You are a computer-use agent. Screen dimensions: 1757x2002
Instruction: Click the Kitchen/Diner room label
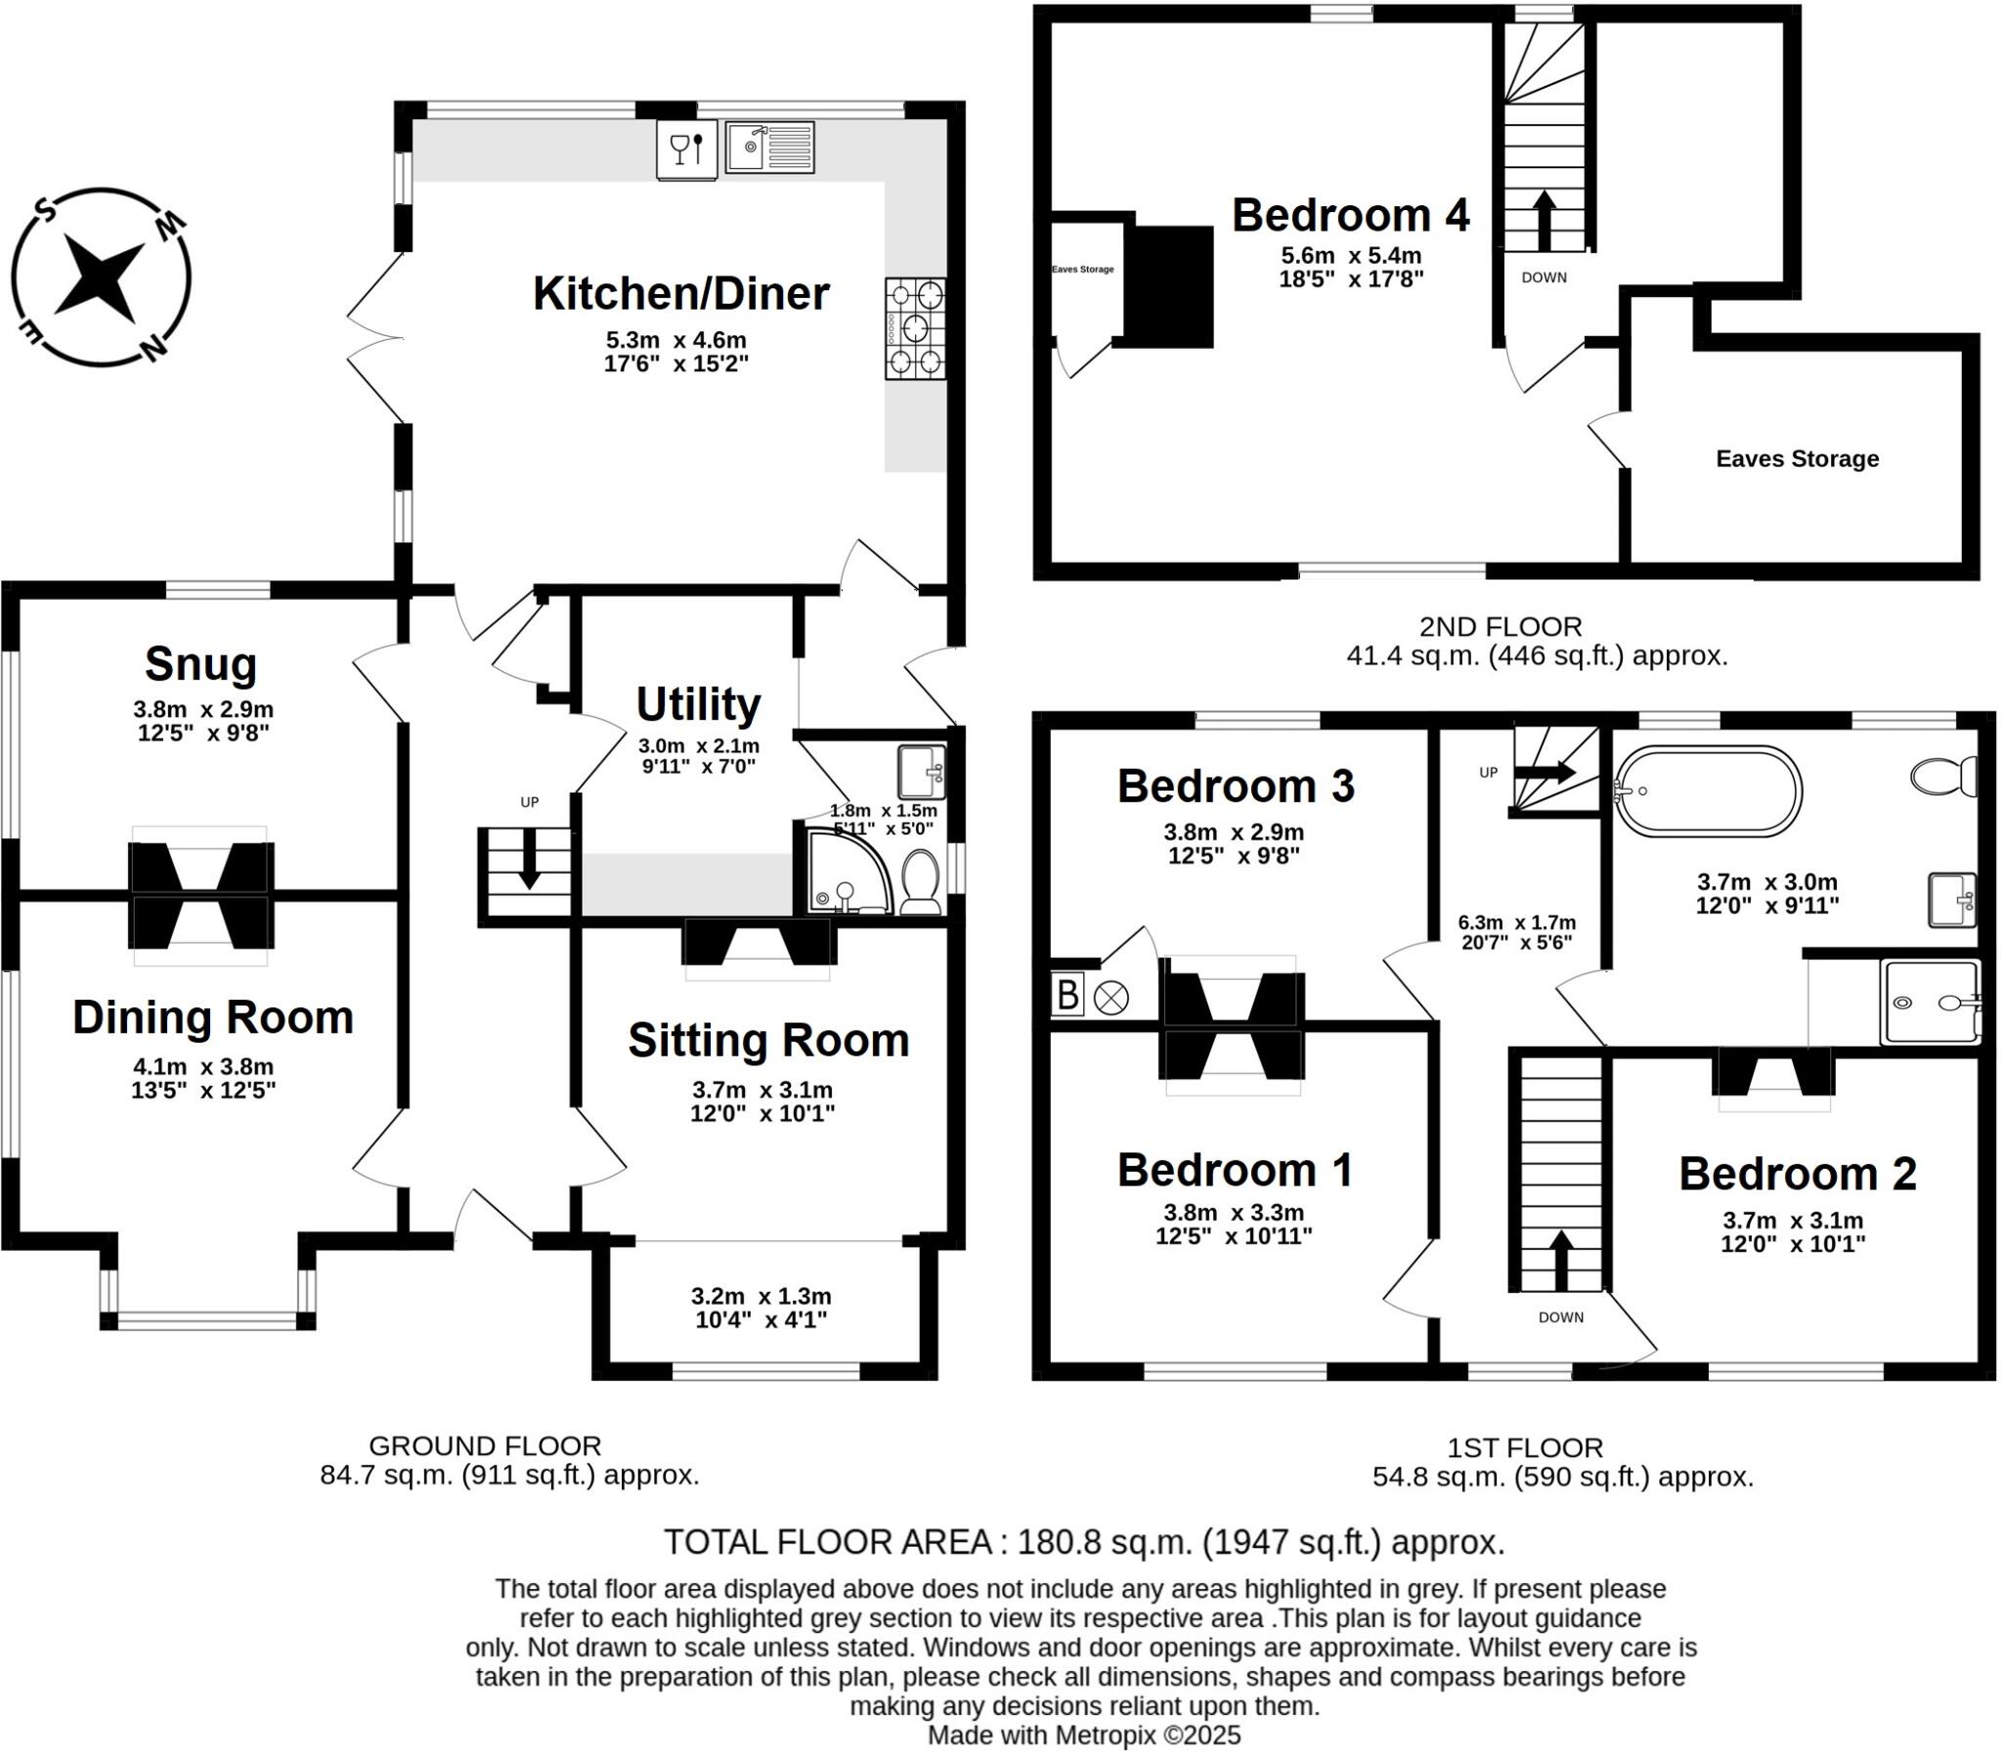pos(680,294)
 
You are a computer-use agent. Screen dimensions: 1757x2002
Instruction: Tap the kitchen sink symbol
pos(769,147)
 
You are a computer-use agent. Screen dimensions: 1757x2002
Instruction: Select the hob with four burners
pos(916,328)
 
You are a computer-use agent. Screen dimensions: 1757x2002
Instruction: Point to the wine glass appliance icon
pos(686,150)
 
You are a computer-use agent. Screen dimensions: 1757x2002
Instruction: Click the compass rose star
pos(99,279)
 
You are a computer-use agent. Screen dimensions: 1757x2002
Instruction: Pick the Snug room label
pos(200,665)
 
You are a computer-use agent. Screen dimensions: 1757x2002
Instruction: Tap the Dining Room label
pos(212,1017)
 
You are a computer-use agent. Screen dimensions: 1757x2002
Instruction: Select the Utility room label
pos(698,705)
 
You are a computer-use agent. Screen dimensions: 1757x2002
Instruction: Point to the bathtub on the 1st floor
pos(1708,791)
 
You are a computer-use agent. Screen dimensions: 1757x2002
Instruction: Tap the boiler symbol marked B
pos(1066,997)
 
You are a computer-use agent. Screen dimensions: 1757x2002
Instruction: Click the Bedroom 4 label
pos(1350,215)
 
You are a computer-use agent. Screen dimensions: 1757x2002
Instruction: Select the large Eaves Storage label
pos(1797,458)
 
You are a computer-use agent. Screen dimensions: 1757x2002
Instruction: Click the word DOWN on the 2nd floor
pos(1544,279)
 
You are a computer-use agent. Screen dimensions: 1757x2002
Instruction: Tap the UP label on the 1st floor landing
pos(1488,773)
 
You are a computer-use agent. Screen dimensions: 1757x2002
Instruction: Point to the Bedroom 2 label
pos(1797,1175)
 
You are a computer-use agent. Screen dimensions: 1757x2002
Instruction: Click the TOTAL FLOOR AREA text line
pos(1083,1543)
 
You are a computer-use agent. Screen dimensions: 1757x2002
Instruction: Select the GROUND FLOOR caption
pos(485,1445)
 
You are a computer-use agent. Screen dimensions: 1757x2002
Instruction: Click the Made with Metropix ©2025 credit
pos(1083,1736)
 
